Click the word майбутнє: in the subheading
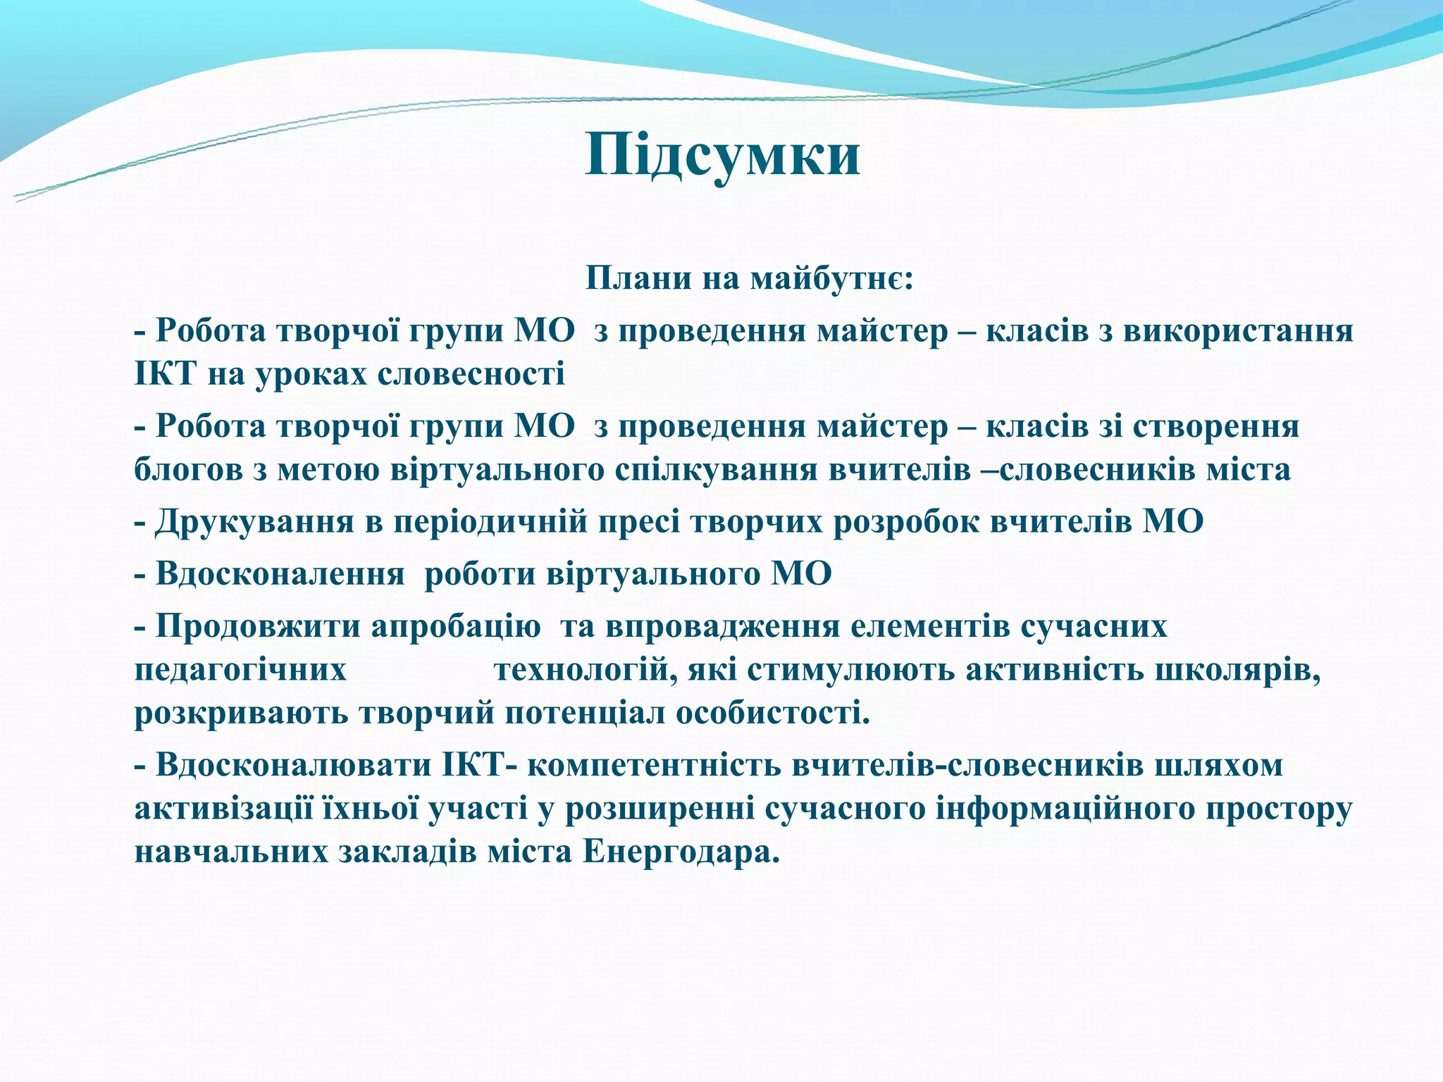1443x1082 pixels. (831, 278)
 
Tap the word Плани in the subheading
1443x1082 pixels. (638, 278)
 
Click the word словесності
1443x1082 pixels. (471, 374)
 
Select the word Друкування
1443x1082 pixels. (254, 522)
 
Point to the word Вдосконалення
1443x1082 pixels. (280, 574)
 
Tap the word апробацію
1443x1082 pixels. (455, 626)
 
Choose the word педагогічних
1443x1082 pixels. (240, 670)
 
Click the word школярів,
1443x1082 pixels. (1238, 670)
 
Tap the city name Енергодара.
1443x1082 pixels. (681, 853)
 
